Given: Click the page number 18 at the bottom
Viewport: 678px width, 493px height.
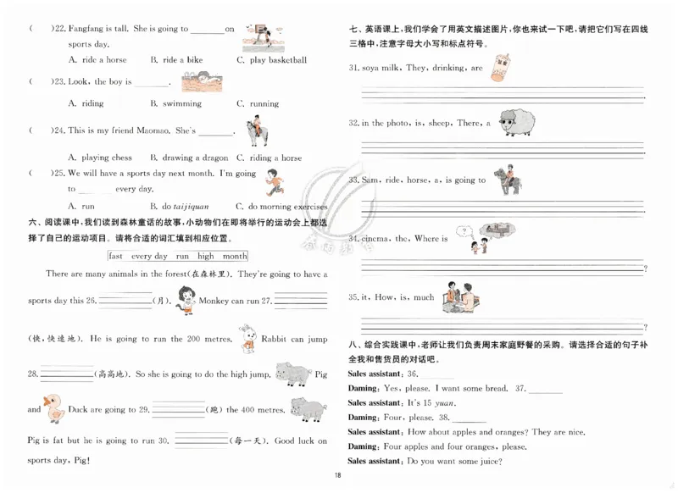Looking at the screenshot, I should [337, 475].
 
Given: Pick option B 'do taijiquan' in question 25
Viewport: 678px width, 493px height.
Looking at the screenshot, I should [179, 206].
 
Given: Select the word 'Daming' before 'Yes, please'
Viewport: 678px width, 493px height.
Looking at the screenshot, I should [363, 388].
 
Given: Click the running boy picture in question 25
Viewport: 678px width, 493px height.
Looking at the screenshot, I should [272, 181].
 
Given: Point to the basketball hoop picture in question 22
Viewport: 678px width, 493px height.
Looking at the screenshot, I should [260, 36].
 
